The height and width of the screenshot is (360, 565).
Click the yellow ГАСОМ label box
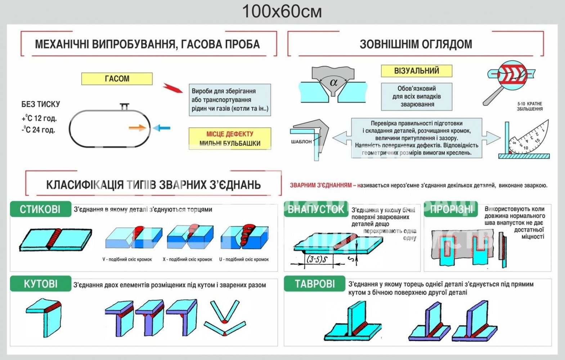tap(117, 79)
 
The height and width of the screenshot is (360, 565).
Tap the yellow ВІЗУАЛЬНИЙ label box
tap(416, 71)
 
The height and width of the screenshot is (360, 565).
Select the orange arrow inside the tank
tap(137, 127)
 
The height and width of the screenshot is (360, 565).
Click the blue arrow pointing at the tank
tap(161, 128)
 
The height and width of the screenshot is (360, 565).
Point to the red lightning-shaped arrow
tap(173, 88)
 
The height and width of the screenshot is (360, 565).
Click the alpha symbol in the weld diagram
tap(333, 82)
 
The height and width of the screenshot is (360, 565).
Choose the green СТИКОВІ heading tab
tap(40, 209)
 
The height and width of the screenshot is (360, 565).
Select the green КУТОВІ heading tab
tap(40, 284)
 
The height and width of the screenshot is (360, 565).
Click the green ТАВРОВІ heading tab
tap(315, 284)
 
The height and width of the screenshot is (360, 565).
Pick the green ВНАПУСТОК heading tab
tap(316, 209)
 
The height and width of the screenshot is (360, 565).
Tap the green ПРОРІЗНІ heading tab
tap(451, 209)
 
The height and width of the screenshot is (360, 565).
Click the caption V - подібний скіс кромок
tap(127, 259)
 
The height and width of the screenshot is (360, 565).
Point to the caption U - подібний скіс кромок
tap(244, 259)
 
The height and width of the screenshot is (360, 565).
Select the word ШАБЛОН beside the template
tap(301, 141)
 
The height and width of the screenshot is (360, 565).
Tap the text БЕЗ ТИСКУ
tap(41, 104)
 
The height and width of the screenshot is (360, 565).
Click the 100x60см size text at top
tap(282, 12)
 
